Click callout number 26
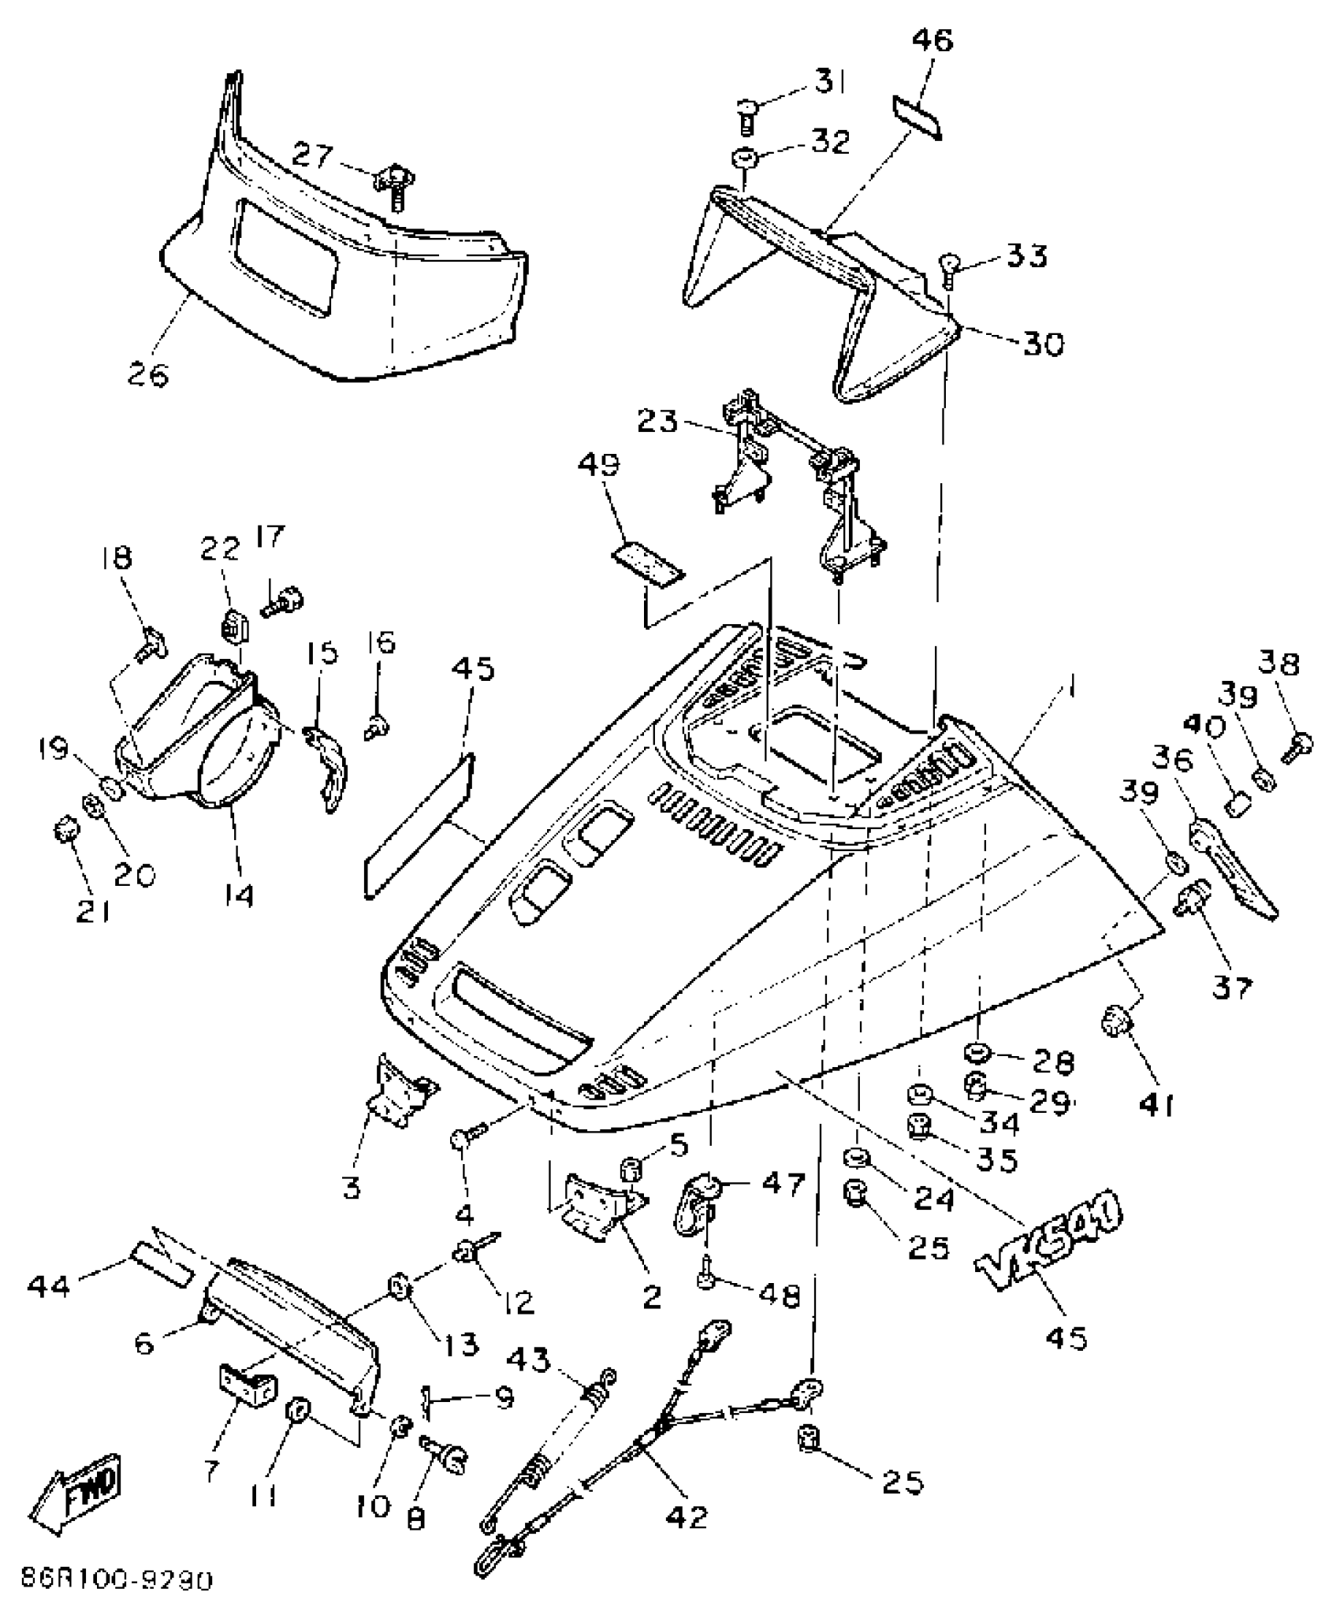(x=148, y=374)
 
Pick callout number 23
(x=657, y=422)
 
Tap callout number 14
(x=237, y=894)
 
